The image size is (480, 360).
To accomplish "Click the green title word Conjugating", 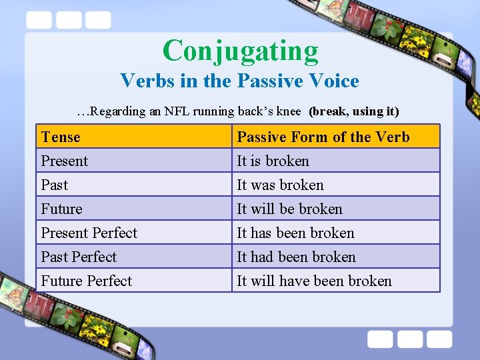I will click(241, 51).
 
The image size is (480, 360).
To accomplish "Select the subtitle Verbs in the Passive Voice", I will click(239, 81).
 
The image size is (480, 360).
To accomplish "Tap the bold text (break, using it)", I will click(354, 111).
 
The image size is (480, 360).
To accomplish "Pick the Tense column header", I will click(61, 137).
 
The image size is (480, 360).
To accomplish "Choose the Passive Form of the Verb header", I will click(323, 137).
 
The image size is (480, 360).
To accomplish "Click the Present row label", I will click(65, 161).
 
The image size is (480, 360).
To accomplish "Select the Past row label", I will click(55, 185).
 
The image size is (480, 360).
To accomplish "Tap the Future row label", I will click(62, 209).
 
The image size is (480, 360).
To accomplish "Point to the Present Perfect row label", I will click(89, 233).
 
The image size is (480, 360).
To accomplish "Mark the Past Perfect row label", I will click(79, 257).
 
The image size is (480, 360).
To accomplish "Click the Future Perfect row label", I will click(87, 281).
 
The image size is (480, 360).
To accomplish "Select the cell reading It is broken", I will click(273, 161).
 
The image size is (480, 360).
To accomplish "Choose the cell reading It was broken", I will click(281, 185).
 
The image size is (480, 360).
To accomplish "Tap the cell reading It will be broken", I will click(290, 209).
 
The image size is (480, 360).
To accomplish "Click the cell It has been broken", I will click(296, 233).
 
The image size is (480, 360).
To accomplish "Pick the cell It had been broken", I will click(297, 257).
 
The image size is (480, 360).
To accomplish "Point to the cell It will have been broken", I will click(315, 281).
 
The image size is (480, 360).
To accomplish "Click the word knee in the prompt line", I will click(289, 111).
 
